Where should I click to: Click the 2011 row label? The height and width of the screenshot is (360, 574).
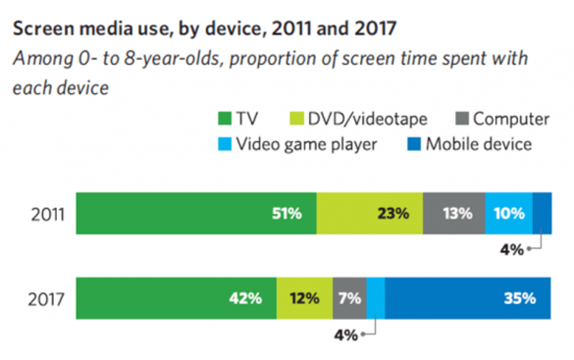tap(47, 214)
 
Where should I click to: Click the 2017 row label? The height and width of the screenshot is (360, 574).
tap(47, 299)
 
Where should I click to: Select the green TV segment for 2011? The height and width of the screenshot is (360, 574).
tap(196, 214)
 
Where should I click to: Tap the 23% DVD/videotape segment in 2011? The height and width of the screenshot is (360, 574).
tap(370, 214)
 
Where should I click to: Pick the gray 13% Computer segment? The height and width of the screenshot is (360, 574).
tap(454, 214)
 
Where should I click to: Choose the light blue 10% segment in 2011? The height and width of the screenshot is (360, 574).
tap(508, 214)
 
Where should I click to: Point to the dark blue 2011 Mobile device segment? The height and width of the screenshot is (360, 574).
tap(542, 214)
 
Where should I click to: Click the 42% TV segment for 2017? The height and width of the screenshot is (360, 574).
tap(176, 299)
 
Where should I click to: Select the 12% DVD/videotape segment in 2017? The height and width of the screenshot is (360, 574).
tap(305, 299)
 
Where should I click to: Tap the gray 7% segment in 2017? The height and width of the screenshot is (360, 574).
tap(350, 299)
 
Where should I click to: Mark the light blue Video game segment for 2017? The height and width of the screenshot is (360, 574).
tap(375, 299)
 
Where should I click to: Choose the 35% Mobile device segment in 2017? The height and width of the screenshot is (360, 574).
tap(467, 299)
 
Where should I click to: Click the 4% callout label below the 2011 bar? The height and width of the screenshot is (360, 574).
tap(512, 250)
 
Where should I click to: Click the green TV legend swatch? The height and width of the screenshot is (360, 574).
tap(223, 120)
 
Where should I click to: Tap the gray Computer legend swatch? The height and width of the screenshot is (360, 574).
tap(462, 120)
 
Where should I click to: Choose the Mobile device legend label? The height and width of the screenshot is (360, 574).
tap(479, 144)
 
